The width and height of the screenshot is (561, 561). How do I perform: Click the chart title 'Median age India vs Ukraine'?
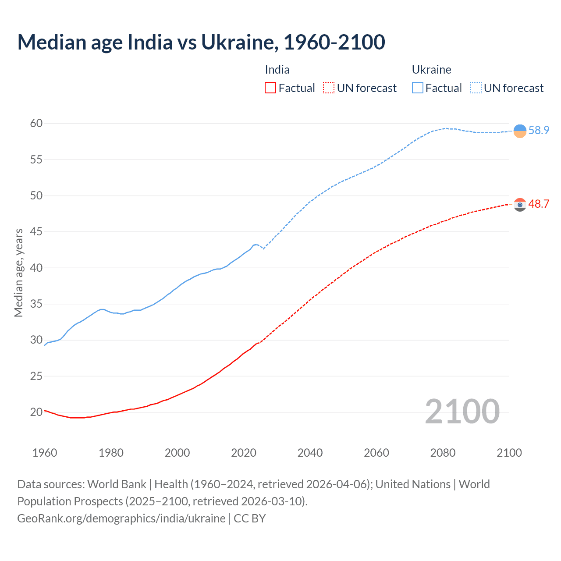[201, 42]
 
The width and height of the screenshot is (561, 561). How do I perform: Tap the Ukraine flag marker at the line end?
[520, 131]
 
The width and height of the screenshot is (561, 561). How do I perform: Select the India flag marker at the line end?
[520, 205]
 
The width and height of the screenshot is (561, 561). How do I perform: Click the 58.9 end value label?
[539, 131]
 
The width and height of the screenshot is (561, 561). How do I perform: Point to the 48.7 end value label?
[539, 204]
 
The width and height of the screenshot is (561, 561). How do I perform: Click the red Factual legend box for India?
[270, 88]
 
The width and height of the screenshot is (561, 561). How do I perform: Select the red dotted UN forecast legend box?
[329, 88]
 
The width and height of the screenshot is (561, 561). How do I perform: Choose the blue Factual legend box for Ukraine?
[418, 88]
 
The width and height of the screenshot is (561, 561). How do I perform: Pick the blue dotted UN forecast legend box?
[476, 88]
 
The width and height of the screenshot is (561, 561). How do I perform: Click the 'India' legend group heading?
[277, 70]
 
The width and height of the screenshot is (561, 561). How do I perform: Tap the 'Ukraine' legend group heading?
[431, 70]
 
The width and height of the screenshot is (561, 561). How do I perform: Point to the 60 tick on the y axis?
[36, 124]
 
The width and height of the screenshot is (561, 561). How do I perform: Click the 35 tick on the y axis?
[36, 304]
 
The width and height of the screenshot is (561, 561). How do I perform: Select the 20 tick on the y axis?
[36, 412]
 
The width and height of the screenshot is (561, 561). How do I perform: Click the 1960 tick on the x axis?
[45, 453]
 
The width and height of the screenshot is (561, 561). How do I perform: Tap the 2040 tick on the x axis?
[310, 453]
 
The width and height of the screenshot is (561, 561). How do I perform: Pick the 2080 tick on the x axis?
[443, 453]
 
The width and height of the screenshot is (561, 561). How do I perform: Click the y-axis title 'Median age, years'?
[18, 273]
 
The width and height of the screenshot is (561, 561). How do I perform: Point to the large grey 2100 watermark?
[462, 412]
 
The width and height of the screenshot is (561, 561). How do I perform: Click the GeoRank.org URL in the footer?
[121, 518]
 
